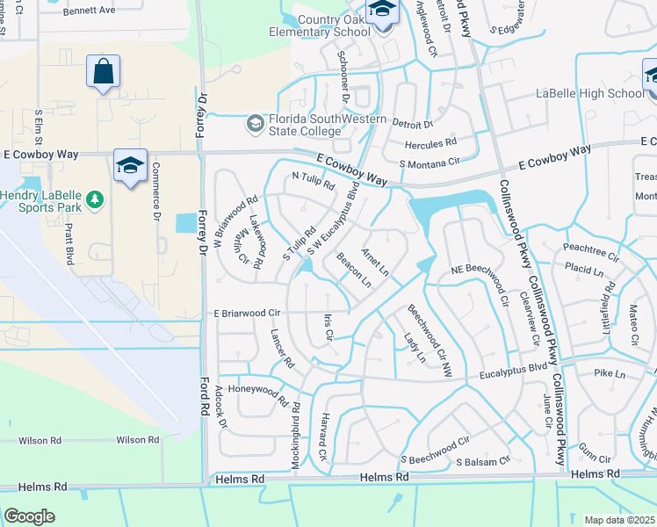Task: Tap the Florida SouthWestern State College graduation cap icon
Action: [x=255, y=123]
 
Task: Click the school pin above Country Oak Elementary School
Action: [x=382, y=11]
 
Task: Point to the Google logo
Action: [x=29, y=516]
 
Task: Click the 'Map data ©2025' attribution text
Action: [x=618, y=520]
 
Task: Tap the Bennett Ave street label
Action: [x=89, y=11]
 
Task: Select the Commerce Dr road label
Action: [x=155, y=192]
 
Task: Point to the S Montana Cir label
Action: [x=430, y=163]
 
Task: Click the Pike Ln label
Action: [x=608, y=374]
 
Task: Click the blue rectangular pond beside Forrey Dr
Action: [x=187, y=224]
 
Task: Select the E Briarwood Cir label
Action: [x=245, y=313]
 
